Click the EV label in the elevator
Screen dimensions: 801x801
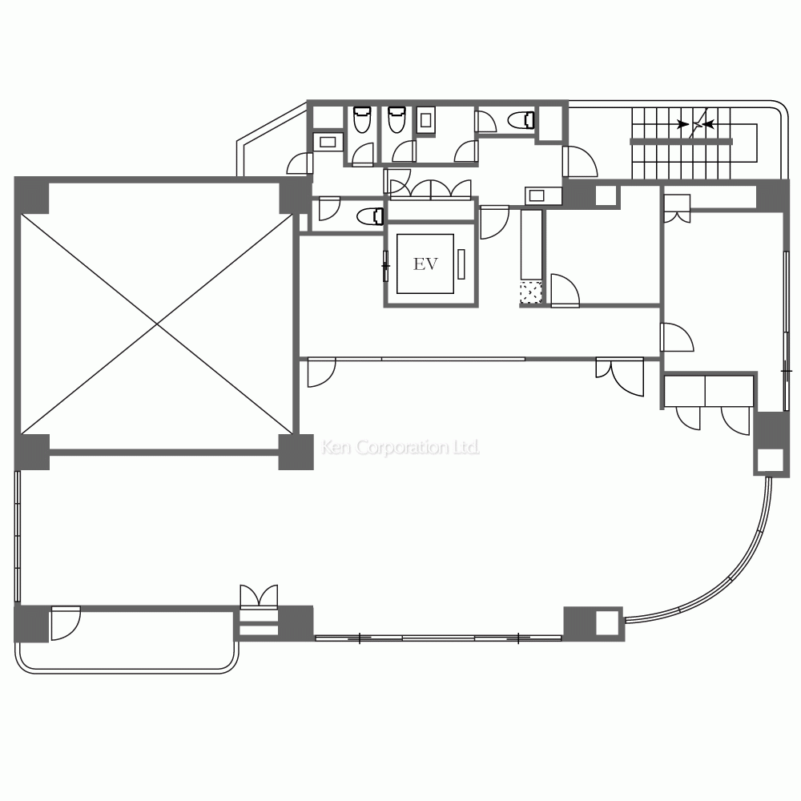425,264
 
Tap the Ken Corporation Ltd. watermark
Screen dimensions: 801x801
400,447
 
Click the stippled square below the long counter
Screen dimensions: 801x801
530,293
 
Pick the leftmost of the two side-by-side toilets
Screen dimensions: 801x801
361,120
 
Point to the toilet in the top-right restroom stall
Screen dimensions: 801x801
522,120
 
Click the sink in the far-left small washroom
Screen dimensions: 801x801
328,142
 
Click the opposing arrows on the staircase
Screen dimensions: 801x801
694,124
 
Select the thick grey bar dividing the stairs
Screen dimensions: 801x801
681,142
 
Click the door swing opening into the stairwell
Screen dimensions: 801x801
581,163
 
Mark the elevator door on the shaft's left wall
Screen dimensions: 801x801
386,264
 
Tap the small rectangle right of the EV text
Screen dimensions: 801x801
462,264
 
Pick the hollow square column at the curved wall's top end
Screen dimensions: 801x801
769,459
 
